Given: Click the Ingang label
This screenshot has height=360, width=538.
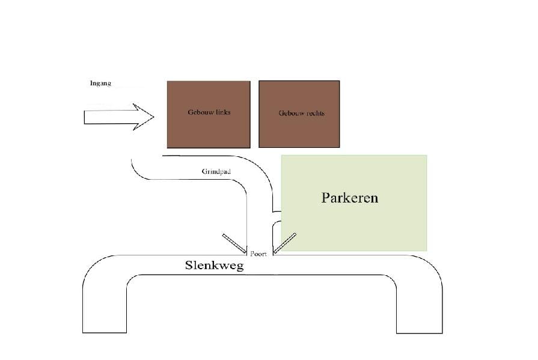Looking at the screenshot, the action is pos(100,84).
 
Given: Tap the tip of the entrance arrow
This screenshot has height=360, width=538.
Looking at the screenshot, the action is pos(154,117).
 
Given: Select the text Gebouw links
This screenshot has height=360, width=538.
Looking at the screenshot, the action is pos(209,112).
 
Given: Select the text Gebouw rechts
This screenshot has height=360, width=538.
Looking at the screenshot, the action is pos(302,113).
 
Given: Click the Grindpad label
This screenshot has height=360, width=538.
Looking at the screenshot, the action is pos(216,172).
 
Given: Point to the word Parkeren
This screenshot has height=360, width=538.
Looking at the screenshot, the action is pos(350,198).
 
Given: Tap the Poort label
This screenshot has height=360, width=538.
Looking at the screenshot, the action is pos(258,254).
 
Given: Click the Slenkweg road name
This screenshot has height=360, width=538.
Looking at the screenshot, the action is pos(215,265).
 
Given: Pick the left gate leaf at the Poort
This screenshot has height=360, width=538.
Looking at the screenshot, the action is pos(234,243).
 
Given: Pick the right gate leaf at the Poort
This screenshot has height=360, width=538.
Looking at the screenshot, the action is pos(285,243).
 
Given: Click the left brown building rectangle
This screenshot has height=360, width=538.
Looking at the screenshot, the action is pos(209,115).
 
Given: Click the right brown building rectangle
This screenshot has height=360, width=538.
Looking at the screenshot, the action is pos(299,114).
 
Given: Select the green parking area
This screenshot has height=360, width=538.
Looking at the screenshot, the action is pos(354,203).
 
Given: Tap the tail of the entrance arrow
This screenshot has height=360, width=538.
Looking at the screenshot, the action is pos(84,117).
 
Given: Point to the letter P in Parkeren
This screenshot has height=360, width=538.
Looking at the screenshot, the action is pos(325,198).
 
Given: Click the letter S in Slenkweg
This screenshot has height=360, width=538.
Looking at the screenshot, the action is pos(188,265).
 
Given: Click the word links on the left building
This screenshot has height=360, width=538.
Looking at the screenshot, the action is pos(223,112).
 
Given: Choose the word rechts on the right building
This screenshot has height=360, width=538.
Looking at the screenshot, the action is pos(315,113).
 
